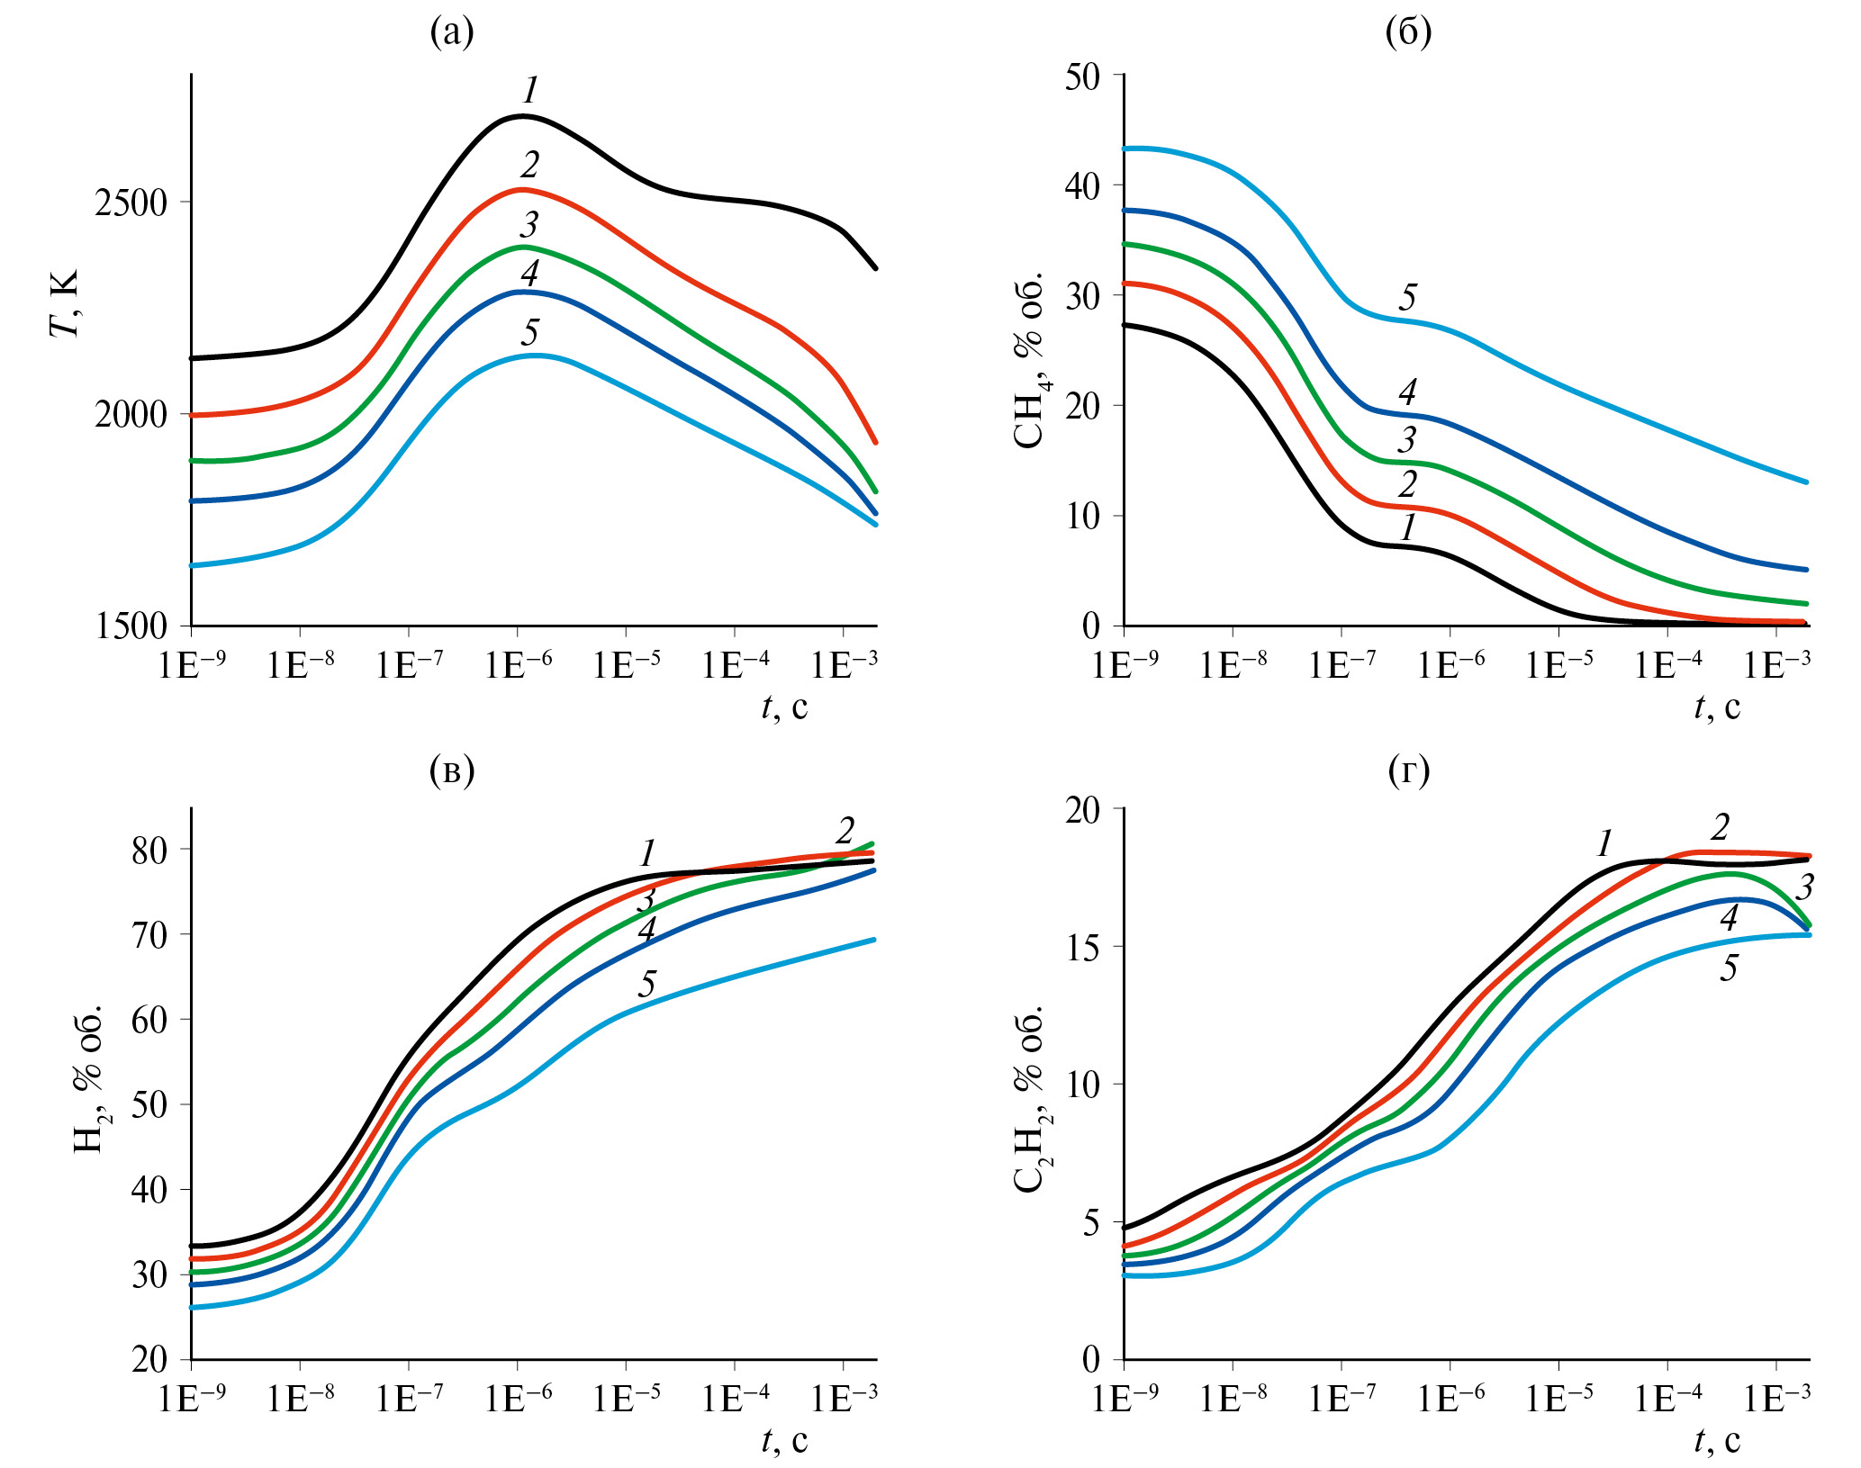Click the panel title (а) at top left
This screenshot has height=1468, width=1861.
pos(452,32)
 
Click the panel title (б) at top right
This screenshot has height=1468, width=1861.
pos(1408,32)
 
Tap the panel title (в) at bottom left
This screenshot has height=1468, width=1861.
pos(452,771)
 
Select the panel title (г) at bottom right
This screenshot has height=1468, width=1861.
pos(1408,771)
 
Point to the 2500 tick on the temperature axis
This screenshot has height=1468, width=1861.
pos(131,203)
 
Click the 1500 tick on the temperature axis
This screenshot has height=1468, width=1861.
pos(131,626)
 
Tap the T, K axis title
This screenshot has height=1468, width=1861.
pos(64,302)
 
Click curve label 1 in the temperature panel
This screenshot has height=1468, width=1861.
pos(530,90)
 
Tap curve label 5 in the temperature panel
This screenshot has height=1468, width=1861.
pos(529,332)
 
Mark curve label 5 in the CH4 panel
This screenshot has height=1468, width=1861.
pos(1408,297)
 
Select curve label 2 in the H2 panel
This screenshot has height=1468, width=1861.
pos(845,830)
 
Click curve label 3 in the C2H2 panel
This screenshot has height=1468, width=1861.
pos(1804,887)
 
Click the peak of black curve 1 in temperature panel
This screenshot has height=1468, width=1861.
pos(523,116)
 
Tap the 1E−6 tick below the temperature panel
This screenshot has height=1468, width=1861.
pos(519,666)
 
